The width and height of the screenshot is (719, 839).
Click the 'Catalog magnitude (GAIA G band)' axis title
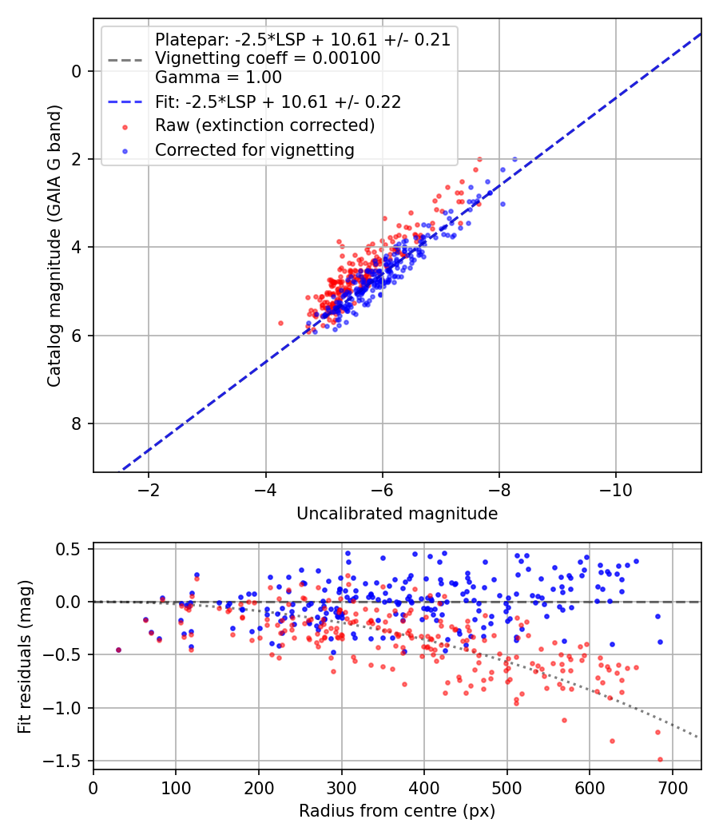(54, 246)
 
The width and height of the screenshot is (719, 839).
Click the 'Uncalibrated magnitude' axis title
(397, 514)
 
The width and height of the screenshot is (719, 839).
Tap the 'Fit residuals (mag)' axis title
(25, 657)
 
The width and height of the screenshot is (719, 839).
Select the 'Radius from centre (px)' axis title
(397, 811)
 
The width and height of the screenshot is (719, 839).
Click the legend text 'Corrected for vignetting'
(255, 150)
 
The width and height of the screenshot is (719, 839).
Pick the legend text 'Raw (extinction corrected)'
(264, 125)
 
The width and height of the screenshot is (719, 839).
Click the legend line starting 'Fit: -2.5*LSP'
(278, 101)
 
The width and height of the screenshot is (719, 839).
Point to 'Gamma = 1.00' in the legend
(218, 78)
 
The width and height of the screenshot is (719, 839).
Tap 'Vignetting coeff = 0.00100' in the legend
(268, 58)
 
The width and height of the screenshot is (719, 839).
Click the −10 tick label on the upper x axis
(615, 490)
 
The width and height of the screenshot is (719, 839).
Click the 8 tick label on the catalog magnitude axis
(77, 423)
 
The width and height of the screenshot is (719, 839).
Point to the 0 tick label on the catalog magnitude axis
(77, 71)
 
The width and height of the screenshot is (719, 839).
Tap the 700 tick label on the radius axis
(672, 788)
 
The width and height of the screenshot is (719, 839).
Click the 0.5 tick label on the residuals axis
(69, 549)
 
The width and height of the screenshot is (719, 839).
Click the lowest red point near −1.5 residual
(660, 759)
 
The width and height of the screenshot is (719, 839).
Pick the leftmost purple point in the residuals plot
(119, 650)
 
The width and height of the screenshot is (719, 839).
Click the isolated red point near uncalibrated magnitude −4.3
(281, 323)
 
